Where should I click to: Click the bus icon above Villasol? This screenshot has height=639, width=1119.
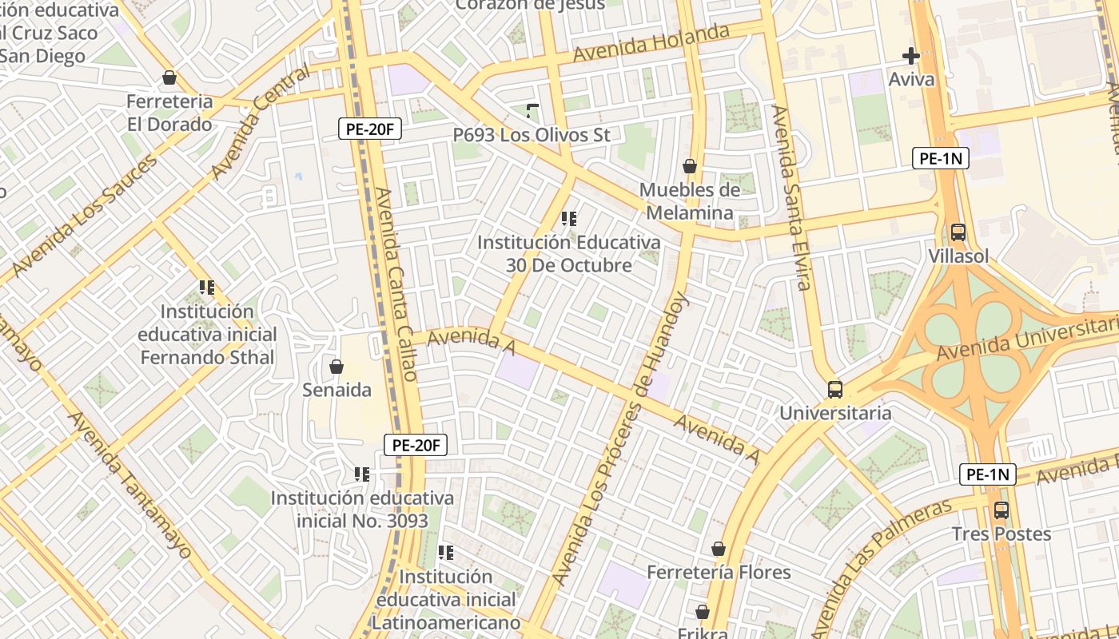tap(958, 232)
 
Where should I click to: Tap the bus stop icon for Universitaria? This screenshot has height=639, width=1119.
tap(834, 390)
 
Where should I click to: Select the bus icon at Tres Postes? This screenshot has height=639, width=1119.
tap(1001, 510)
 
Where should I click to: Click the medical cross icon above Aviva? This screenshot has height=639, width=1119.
tap(910, 56)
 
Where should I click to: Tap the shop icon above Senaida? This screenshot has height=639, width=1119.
tap(336, 367)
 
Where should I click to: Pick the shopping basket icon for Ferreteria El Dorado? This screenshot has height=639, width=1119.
tap(169, 77)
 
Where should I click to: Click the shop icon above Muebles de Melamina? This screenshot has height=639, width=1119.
tap(689, 166)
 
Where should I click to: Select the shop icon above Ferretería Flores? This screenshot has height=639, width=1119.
tap(718, 549)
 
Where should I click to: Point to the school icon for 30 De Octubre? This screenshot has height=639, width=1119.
tap(569, 218)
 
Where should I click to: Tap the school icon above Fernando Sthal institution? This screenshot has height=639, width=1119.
tap(207, 287)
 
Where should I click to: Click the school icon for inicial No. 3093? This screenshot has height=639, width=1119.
tap(361, 474)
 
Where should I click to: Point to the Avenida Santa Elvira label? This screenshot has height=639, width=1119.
tap(790, 197)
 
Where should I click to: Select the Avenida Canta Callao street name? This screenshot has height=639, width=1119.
tap(396, 284)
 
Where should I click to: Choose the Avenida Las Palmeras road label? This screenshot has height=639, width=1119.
tap(882, 567)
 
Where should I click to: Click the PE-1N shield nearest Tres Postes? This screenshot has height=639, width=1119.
tap(987, 474)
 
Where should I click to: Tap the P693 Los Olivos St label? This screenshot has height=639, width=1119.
tap(532, 135)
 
